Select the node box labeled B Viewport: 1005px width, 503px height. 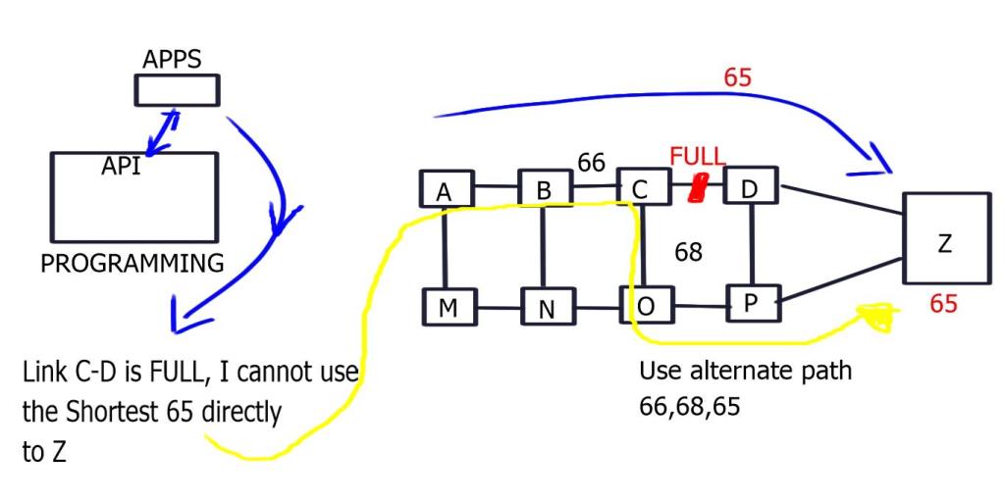click(543, 189)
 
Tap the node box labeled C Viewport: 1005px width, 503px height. click(641, 187)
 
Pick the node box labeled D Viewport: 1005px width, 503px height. click(750, 186)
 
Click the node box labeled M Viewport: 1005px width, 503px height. click(448, 307)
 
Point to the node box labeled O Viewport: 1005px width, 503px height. click(645, 305)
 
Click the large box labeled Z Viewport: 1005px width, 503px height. click(944, 241)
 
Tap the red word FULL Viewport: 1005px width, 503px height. click(697, 157)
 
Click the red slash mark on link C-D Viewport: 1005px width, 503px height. click(699, 186)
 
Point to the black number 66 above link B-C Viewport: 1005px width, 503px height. click(591, 163)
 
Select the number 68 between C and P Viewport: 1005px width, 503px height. click(688, 252)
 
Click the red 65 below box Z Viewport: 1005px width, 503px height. click(943, 304)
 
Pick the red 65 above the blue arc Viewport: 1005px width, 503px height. click(737, 77)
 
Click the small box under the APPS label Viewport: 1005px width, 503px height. click(177, 90)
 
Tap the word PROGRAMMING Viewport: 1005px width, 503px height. click(132, 263)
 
